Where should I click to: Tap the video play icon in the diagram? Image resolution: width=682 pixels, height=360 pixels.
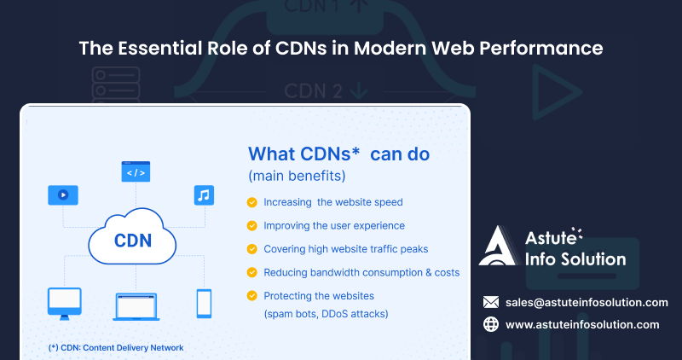63,194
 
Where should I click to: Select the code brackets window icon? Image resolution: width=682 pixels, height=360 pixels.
136,171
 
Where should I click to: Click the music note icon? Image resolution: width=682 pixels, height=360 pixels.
203,195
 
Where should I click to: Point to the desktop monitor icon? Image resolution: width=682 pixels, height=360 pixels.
64,301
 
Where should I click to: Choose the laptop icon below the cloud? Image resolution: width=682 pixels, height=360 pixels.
136,305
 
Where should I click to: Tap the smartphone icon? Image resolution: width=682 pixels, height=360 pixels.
204,302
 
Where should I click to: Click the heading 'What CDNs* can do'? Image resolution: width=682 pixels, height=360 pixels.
338,154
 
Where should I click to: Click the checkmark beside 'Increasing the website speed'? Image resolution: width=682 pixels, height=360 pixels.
251,203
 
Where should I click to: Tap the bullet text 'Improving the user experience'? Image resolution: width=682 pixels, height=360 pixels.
334,226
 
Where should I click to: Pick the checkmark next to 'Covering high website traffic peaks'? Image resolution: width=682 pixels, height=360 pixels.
251,249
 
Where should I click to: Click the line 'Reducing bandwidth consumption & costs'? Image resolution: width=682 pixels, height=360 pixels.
361,272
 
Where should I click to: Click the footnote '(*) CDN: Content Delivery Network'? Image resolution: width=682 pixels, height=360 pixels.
116,347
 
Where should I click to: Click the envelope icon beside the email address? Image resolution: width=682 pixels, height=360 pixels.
490,302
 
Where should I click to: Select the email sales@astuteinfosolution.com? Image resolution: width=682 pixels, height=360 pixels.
587,302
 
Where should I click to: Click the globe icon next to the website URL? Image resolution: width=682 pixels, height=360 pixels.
490,324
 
